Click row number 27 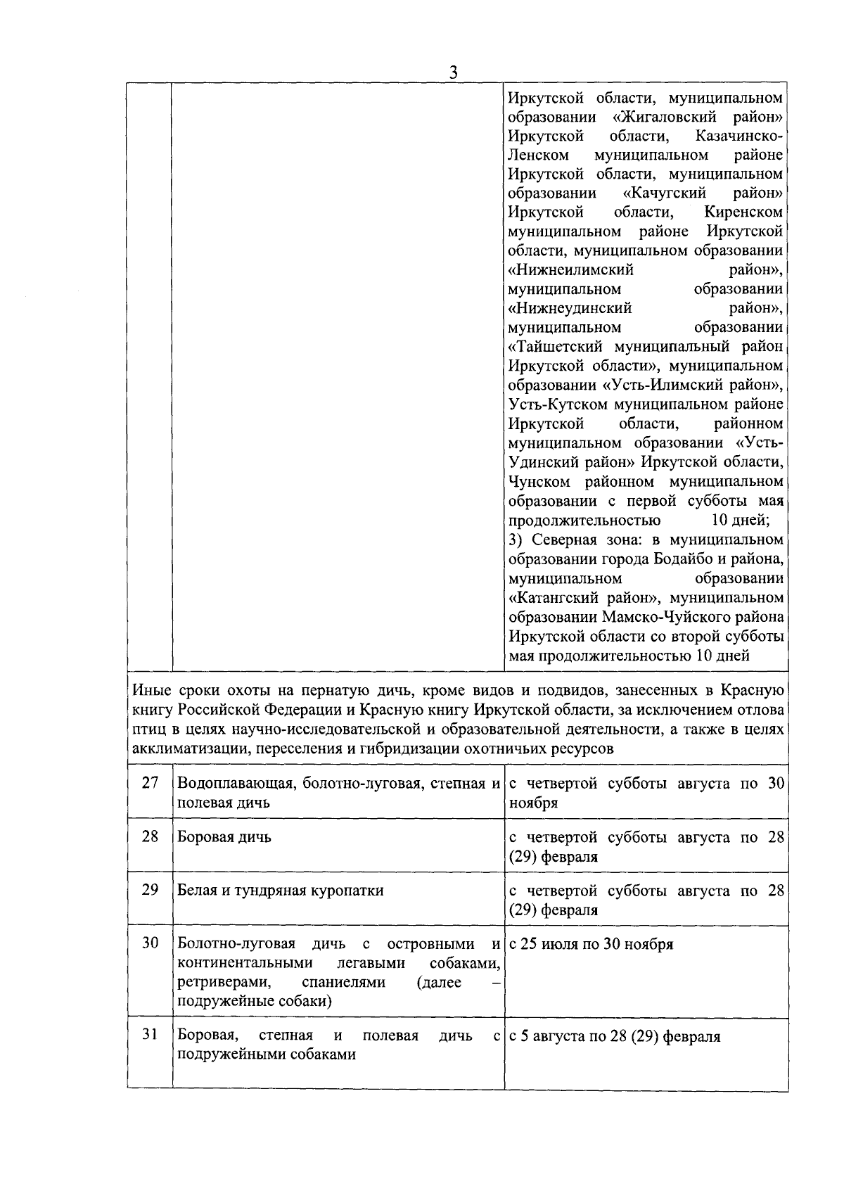point(150,783)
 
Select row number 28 point(150,836)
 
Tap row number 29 point(150,890)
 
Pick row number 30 point(150,943)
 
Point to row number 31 point(150,1035)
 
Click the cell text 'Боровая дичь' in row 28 point(224,837)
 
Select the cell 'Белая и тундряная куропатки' point(280,891)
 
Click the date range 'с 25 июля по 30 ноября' point(591,944)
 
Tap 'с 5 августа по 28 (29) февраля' point(614,1036)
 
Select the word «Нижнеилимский point(570,270)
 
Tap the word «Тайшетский point(558,347)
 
